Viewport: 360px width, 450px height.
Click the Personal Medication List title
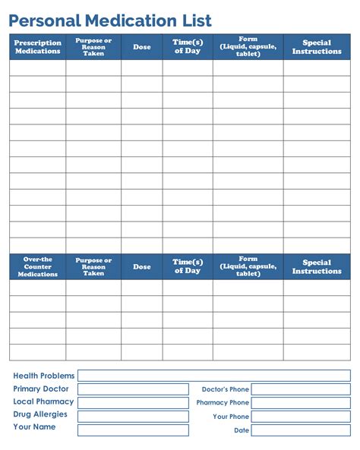point(110,20)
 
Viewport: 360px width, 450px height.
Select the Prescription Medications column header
point(37,47)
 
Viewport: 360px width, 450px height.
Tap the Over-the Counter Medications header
point(37,266)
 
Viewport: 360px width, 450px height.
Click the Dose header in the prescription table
point(141,47)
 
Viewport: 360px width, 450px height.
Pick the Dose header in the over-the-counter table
point(141,266)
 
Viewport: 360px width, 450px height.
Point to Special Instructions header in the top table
point(317,47)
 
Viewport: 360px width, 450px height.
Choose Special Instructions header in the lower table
point(317,266)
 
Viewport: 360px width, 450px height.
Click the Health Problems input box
point(214,376)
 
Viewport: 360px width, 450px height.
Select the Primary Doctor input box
point(133,389)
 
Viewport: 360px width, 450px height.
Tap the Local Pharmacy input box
point(133,402)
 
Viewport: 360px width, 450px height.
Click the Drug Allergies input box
point(133,416)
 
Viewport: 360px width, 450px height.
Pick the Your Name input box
point(133,430)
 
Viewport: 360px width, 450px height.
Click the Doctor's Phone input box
point(301,389)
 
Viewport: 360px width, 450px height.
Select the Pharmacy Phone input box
point(301,402)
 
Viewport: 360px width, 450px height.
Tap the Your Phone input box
point(301,416)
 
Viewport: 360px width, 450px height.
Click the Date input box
point(301,430)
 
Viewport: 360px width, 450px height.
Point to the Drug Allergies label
point(40,414)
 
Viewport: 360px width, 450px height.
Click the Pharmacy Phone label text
point(223,403)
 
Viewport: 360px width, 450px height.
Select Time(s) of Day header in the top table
point(188,47)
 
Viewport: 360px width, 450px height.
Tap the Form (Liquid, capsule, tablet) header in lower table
point(248,266)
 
